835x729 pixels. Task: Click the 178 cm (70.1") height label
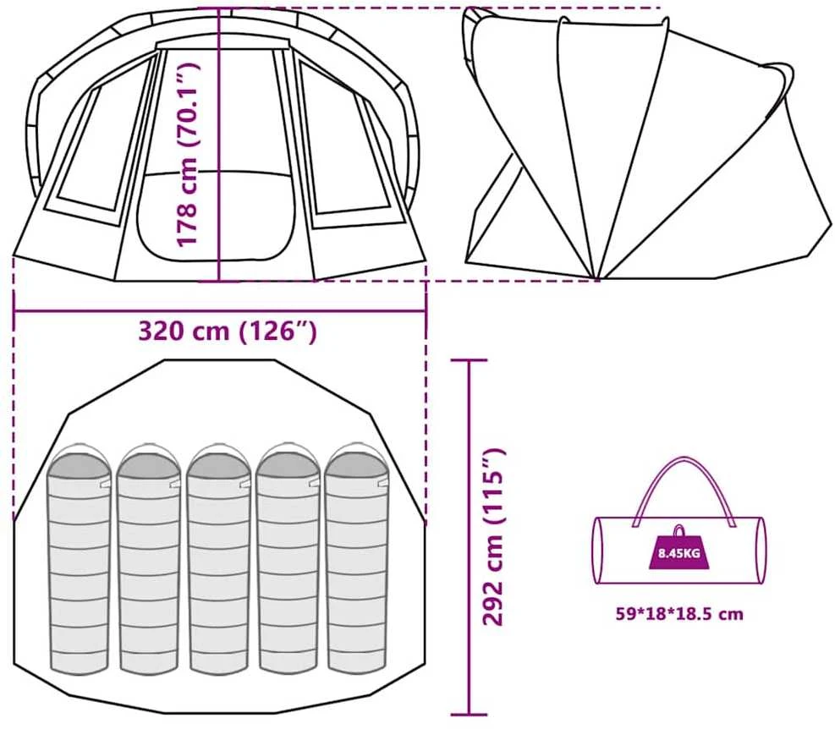click(189, 155)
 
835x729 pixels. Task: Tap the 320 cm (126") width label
click(228, 331)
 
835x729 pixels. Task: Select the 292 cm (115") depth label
click(493, 537)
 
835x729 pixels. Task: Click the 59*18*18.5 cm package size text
click(679, 613)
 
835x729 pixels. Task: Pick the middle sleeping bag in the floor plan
click(219, 559)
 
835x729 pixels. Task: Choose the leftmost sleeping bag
click(80, 559)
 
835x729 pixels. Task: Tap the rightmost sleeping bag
click(357, 558)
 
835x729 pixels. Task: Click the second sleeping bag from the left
click(150, 559)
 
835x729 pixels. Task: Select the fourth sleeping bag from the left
click(288, 559)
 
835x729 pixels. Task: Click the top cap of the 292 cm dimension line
click(469, 360)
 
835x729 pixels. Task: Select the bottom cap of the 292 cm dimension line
click(469, 715)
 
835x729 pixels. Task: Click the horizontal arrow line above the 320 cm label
click(220, 311)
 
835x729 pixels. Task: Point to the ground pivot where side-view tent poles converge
click(597, 277)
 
